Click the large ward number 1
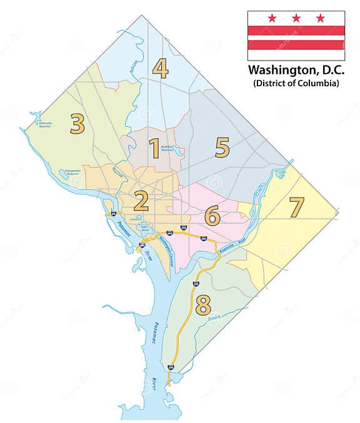click(x=154, y=149)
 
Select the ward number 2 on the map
click(x=141, y=201)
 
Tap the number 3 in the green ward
click(x=77, y=124)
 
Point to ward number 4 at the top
click(x=161, y=68)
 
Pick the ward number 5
click(x=222, y=147)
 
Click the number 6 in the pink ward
click(x=212, y=216)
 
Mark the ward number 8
click(x=203, y=304)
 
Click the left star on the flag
click(x=272, y=18)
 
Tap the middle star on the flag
click(x=296, y=18)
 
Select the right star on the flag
click(x=321, y=18)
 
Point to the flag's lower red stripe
click(x=296, y=45)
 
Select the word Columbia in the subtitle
click(x=317, y=83)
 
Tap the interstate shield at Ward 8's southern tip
click(x=171, y=367)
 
